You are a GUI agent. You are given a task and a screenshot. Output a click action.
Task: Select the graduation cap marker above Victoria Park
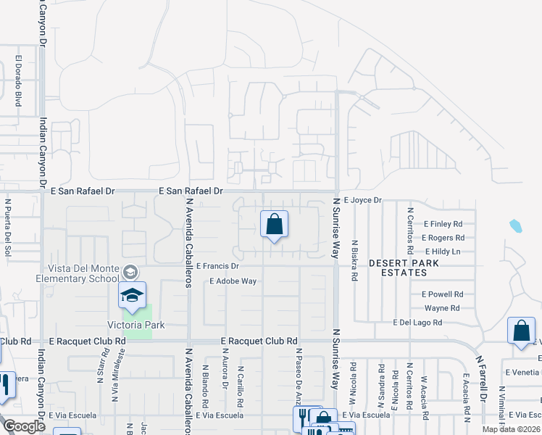pyautogui.click(x=133, y=295)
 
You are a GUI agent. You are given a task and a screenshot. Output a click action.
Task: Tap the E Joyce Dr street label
pyautogui.click(x=363, y=199)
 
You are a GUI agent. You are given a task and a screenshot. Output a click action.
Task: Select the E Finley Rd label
pyautogui.click(x=443, y=224)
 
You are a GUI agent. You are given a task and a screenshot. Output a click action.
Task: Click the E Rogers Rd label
pyautogui.click(x=443, y=238)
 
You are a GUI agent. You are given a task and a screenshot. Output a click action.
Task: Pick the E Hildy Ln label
pyautogui.click(x=442, y=252)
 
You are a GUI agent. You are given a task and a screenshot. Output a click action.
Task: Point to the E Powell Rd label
pyautogui.click(x=442, y=294)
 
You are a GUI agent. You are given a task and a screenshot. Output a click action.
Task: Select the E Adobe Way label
pyautogui.click(x=233, y=281)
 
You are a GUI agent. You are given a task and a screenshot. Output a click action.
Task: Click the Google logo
pyautogui.click(x=24, y=426)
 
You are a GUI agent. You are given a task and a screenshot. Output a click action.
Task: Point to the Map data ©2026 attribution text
pyautogui.click(x=511, y=429)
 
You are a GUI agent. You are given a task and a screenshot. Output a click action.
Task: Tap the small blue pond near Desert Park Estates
pyautogui.click(x=515, y=225)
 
